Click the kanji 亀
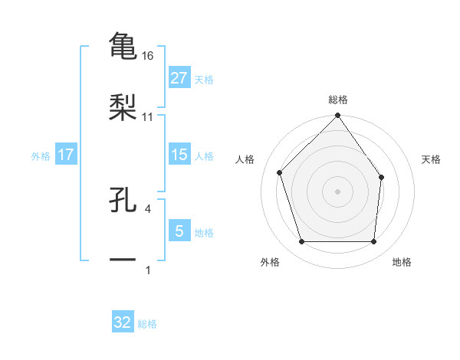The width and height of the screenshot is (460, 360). click(x=123, y=45)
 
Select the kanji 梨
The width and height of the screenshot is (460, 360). click(x=123, y=107)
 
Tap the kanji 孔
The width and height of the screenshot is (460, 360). click(x=123, y=201)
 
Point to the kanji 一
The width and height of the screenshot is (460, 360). click(x=123, y=261)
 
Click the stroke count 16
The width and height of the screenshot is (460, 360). click(x=149, y=56)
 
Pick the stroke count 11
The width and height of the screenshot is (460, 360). click(x=149, y=116)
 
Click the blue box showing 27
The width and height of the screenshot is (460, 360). click(x=179, y=77)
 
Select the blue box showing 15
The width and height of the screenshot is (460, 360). click(x=179, y=155)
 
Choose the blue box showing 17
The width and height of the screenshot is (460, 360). click(x=66, y=155)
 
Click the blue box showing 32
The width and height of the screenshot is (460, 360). click(x=123, y=322)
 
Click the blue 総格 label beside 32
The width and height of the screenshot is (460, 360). click(x=147, y=325)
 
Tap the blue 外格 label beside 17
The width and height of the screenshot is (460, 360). click(x=41, y=156)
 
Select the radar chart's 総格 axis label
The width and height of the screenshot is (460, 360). click(x=338, y=100)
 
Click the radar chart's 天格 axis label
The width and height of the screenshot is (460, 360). click(x=432, y=160)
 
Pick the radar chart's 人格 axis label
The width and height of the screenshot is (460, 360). click(x=245, y=160)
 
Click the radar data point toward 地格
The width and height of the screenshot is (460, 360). click(x=374, y=242)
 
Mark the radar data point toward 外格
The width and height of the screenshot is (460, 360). click(x=301, y=242)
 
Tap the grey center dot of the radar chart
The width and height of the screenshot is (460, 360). click(x=337, y=191)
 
